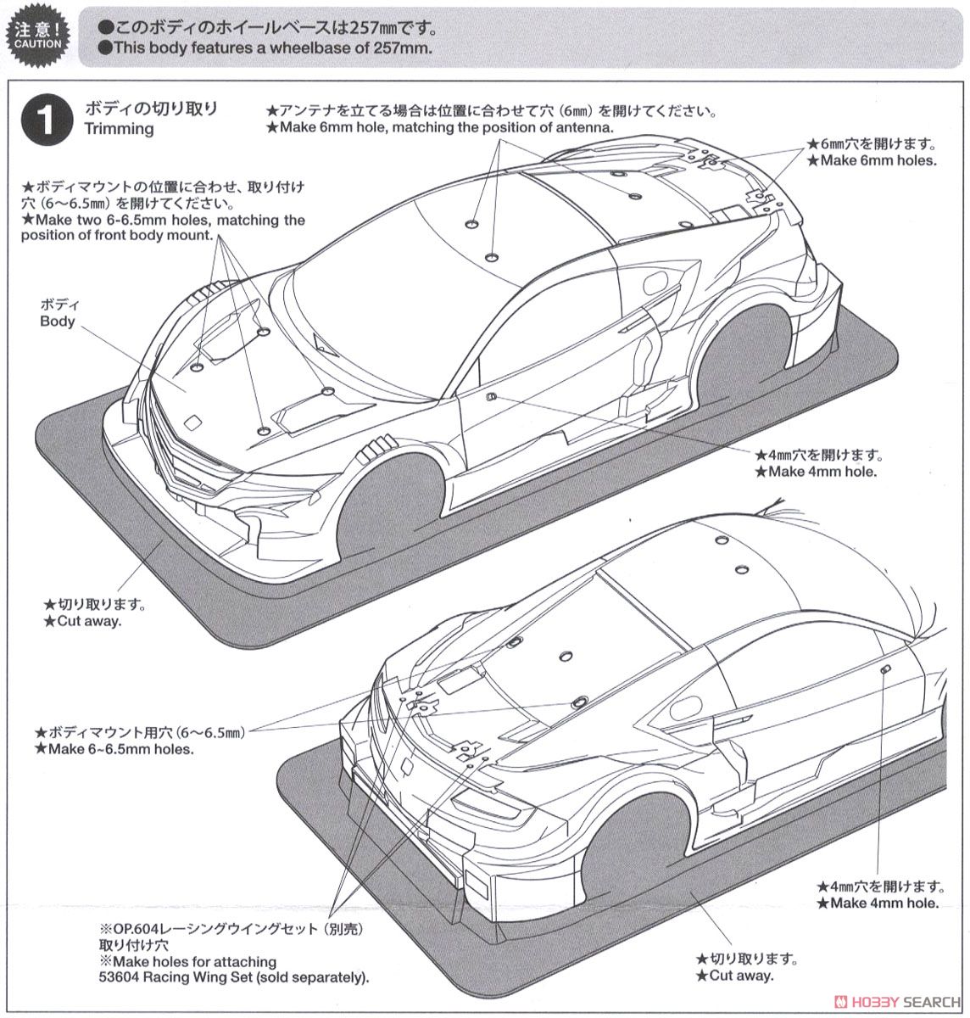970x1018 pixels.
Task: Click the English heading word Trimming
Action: pos(119,129)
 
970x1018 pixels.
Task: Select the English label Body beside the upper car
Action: pos(57,321)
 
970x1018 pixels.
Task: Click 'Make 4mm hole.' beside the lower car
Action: pos(878,903)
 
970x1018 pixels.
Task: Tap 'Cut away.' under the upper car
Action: pos(82,620)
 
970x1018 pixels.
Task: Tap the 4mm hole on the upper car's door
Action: pos(491,396)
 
